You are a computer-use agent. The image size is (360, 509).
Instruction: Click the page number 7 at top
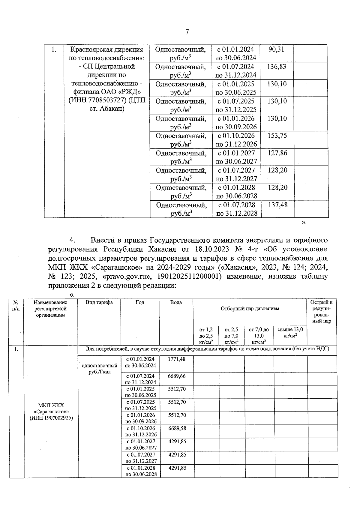click(187, 32)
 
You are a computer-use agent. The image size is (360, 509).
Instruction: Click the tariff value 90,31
click(276, 49)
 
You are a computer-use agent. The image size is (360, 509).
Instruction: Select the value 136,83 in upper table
click(277, 67)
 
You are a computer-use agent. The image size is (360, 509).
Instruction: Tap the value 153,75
click(277, 136)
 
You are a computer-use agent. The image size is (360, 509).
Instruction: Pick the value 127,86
click(277, 153)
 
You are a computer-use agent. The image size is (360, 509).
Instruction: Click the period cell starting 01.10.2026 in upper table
click(236, 140)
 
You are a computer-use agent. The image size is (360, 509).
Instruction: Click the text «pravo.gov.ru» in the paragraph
click(126, 276)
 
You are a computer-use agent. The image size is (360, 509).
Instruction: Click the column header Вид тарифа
click(99, 302)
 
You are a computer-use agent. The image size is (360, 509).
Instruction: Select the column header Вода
click(176, 302)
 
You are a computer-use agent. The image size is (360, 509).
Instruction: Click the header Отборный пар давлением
click(250, 308)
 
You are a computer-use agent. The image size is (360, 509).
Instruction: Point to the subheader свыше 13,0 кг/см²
click(290, 332)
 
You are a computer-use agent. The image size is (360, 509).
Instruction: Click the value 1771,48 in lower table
click(177, 359)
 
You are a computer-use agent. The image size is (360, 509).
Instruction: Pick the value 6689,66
click(177, 376)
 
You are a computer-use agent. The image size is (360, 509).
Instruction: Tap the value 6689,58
click(177, 428)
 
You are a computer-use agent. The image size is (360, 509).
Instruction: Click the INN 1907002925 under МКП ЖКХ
click(51, 418)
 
